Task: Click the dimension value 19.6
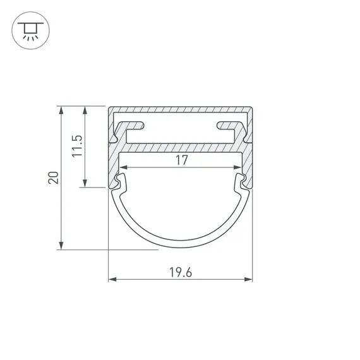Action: [181, 272]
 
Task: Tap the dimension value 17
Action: [182, 160]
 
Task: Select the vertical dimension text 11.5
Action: [77, 146]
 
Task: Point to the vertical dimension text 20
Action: [54, 177]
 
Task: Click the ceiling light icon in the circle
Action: [30, 31]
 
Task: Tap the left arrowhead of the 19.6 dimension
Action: [112, 279]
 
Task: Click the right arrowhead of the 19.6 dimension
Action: [248, 279]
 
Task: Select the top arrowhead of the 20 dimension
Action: [61, 110]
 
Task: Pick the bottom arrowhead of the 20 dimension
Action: [61, 245]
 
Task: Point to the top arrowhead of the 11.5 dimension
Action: [85, 110]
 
